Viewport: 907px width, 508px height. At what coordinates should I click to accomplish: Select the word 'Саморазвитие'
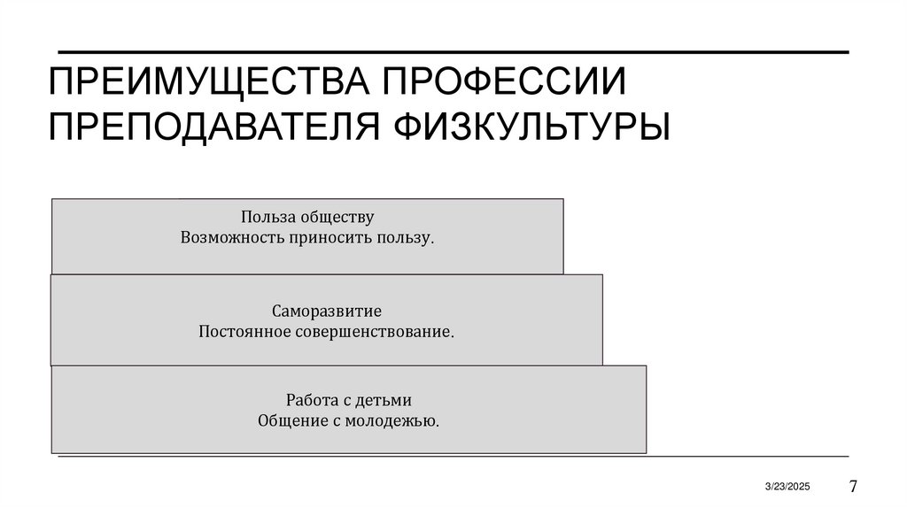point(327,312)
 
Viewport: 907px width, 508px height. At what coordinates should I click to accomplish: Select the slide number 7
point(853,486)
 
